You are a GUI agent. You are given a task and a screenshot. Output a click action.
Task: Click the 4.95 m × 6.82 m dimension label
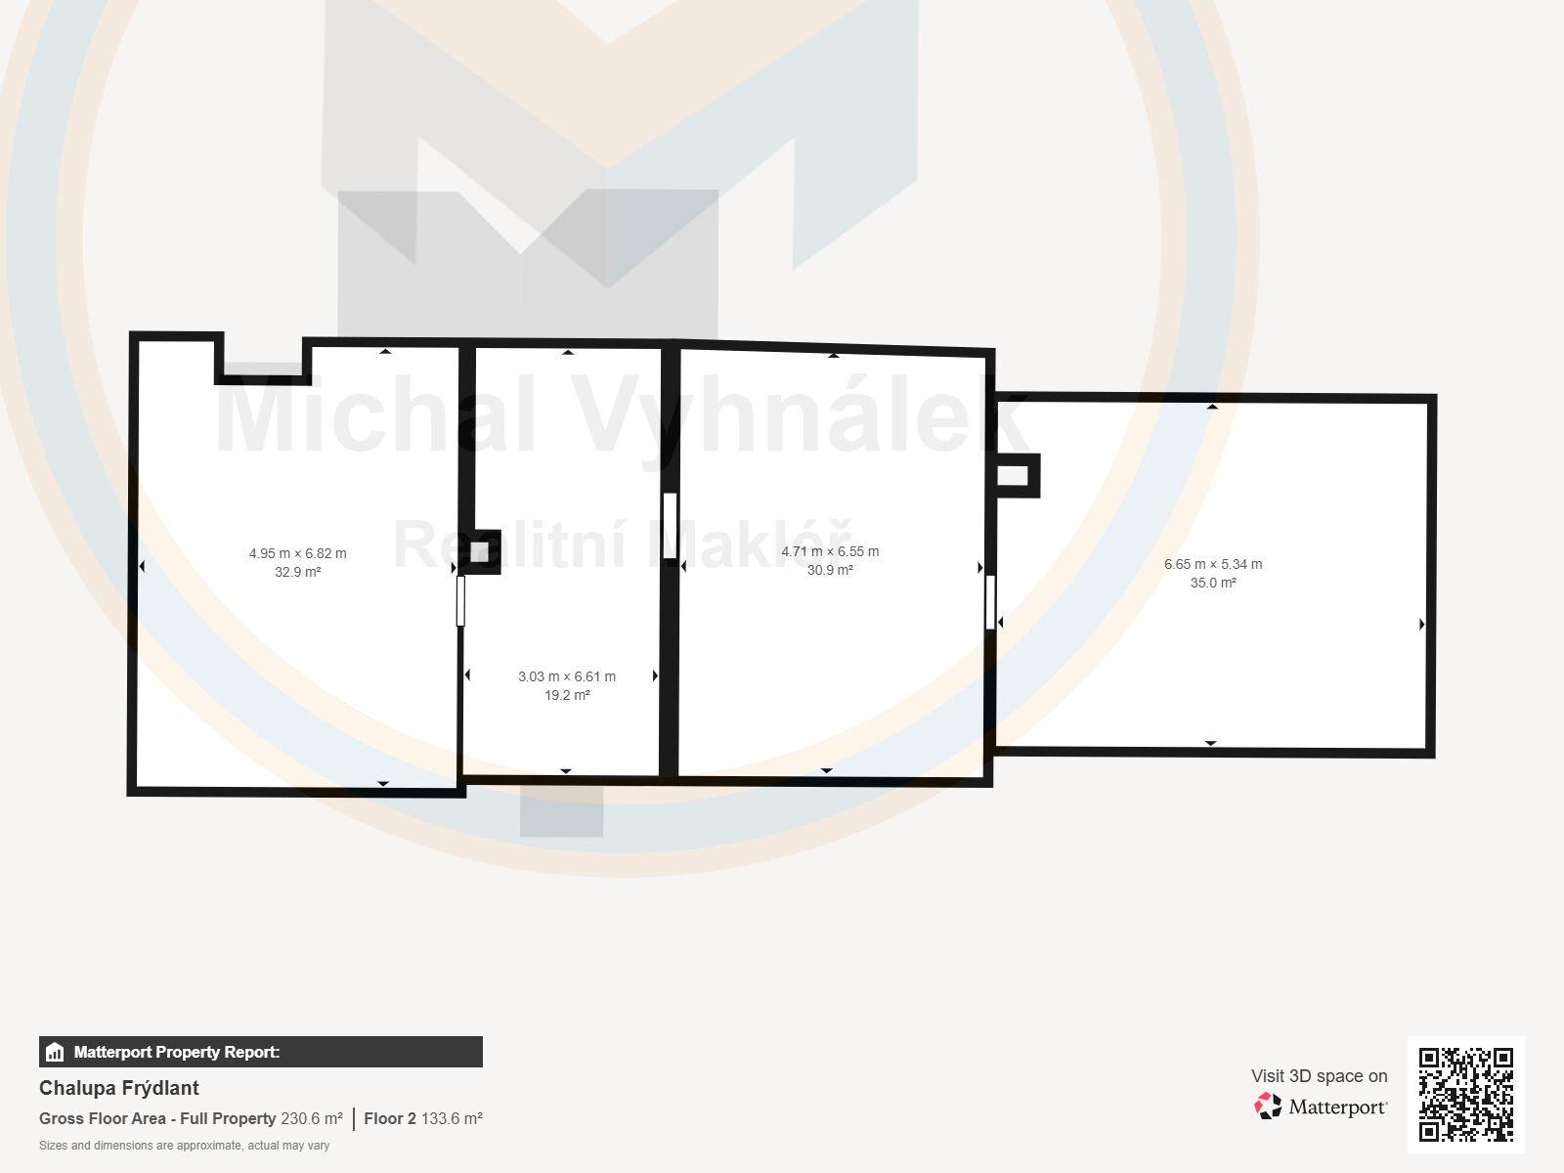pyautogui.click(x=298, y=553)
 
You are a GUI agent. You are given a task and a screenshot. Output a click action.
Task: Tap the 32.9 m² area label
pyautogui.click(x=298, y=572)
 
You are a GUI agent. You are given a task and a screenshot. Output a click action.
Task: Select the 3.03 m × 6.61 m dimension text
pyautogui.click(x=566, y=676)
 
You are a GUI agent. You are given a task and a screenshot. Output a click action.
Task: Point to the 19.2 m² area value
pyautogui.click(x=567, y=695)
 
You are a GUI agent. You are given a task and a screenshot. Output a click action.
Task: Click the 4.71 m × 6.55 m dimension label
pyautogui.click(x=830, y=551)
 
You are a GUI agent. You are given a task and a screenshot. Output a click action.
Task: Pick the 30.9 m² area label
pyautogui.click(x=830, y=570)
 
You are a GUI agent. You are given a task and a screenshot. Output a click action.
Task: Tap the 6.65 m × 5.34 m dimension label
pyautogui.click(x=1213, y=564)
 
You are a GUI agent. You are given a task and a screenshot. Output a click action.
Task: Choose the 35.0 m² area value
pyautogui.click(x=1213, y=583)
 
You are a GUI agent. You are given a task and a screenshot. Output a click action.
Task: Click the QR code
pyautogui.click(x=1465, y=1095)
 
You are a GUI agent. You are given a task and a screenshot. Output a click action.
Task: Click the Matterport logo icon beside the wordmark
pyautogui.click(x=1268, y=1107)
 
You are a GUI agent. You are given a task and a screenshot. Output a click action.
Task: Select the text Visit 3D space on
pyautogui.click(x=1319, y=1076)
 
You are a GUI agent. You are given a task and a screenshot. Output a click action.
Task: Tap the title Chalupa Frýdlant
pyautogui.click(x=119, y=1088)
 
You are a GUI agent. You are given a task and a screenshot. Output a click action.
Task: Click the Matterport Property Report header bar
pyautogui.click(x=261, y=1052)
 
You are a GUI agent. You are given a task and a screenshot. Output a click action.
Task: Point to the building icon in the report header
pyautogui.click(x=55, y=1052)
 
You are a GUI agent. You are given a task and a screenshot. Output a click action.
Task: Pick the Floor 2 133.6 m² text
pyautogui.click(x=423, y=1119)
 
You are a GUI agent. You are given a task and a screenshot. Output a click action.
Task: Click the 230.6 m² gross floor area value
pyautogui.click(x=312, y=1119)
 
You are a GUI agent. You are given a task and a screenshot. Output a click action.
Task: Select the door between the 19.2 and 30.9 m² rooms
pyautogui.click(x=670, y=526)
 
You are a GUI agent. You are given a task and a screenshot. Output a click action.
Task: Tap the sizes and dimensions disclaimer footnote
pyautogui.click(x=184, y=1146)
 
